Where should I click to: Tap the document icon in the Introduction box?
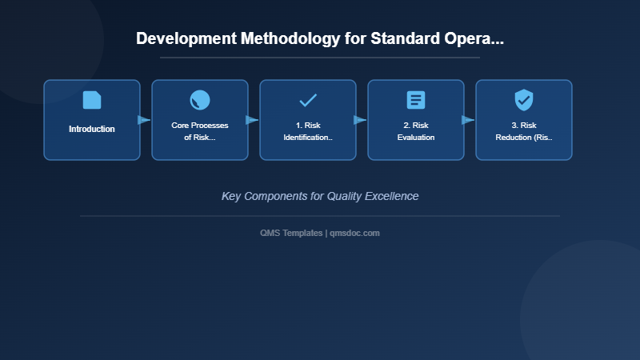tap(92, 100)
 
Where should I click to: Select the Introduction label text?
tap(92, 129)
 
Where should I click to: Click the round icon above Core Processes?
tap(200, 100)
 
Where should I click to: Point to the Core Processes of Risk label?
tap(200, 131)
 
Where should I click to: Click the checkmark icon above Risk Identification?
tap(308, 100)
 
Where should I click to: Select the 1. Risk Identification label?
tap(308, 131)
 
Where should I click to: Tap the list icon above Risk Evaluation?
tap(416, 100)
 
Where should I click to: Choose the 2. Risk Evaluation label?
tap(416, 131)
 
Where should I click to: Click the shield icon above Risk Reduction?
tap(524, 100)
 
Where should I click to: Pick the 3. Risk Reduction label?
tap(524, 131)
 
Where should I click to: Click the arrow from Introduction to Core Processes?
tap(145, 120)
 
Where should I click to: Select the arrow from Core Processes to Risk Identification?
tap(253, 120)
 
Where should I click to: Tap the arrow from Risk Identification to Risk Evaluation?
tap(361, 120)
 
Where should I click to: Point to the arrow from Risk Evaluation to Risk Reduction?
tap(469, 120)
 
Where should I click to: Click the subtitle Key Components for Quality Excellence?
tap(320, 196)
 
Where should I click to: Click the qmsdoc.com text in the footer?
tap(354, 233)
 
